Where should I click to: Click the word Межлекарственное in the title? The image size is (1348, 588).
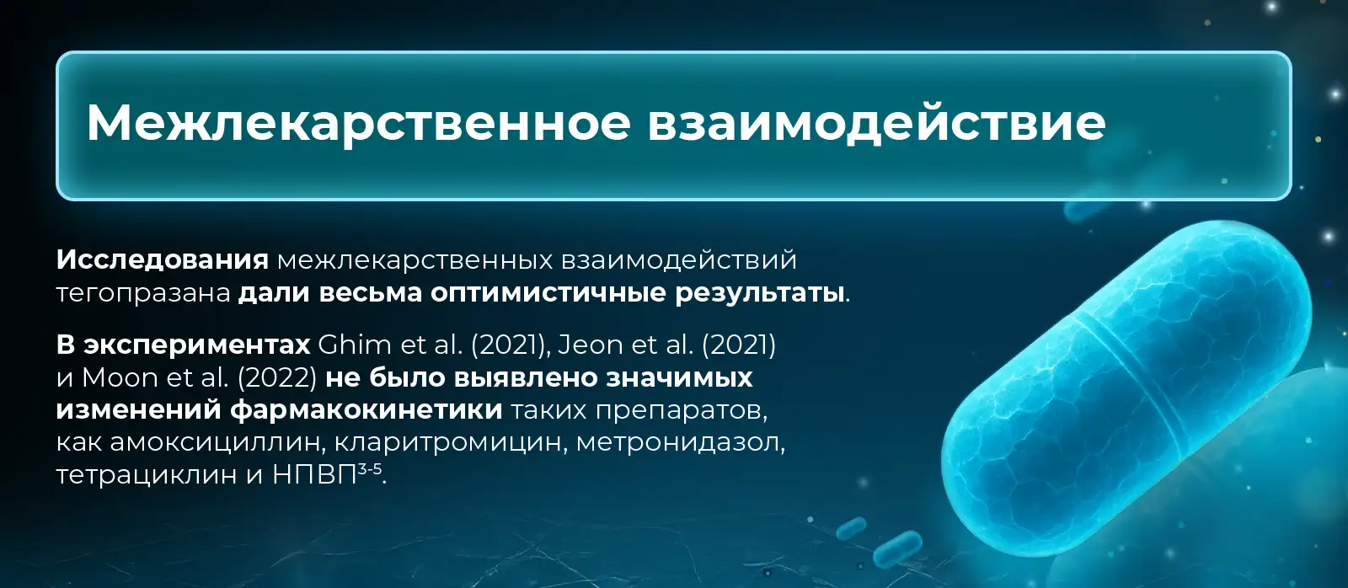coord(359,124)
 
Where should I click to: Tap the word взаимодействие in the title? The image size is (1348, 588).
coord(877,123)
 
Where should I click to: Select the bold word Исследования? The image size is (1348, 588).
coord(163,260)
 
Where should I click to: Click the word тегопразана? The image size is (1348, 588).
coord(143,294)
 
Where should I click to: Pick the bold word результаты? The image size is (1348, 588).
coord(759,294)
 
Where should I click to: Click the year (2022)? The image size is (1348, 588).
coord(277,378)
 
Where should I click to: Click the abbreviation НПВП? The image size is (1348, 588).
coord(315,475)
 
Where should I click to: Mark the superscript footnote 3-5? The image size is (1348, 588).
coord(370,468)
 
